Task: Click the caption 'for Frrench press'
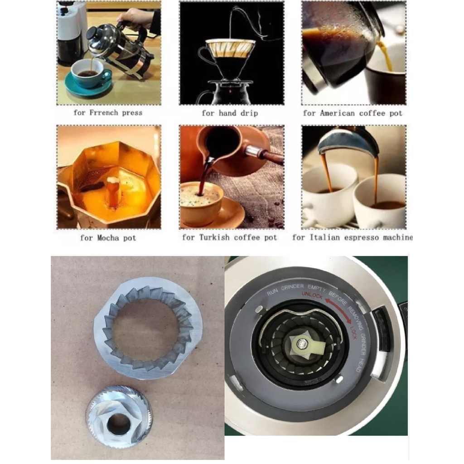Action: pyautogui.click(x=108, y=113)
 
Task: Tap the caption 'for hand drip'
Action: pyautogui.click(x=230, y=113)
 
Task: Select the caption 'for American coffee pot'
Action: pyautogui.click(x=353, y=113)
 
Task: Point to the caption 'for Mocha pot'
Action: pyautogui.click(x=108, y=237)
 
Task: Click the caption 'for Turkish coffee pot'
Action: pyautogui.click(x=230, y=237)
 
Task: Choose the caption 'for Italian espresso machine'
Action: pyautogui.click(x=352, y=237)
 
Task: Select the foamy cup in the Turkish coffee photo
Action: pyautogui.click(x=201, y=201)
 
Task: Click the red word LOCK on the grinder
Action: pyautogui.click(x=353, y=333)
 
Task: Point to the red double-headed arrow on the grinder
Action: pyautogui.click(x=339, y=309)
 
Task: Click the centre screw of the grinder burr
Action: pyautogui.click(x=302, y=343)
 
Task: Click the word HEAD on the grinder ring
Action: pyautogui.click(x=359, y=366)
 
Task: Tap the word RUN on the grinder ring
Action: pyautogui.click(x=272, y=292)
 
